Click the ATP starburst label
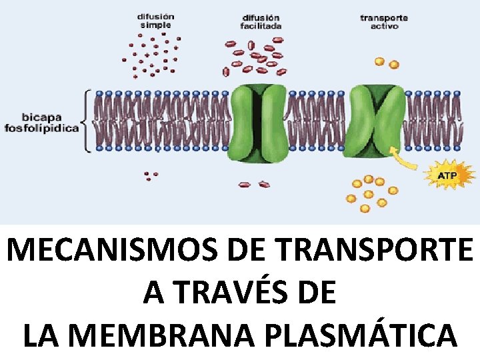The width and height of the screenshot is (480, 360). [x=447, y=175]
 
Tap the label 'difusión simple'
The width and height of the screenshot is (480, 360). [x=155, y=20]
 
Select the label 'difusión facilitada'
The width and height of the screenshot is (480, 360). [x=261, y=21]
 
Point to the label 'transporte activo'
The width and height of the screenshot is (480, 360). [x=385, y=21]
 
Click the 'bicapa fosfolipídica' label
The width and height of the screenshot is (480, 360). [x=41, y=121]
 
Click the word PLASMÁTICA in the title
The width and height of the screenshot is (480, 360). [x=379, y=335]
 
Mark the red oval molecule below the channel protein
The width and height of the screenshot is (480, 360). [x=264, y=183]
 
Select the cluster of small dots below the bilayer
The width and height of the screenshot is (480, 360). [x=151, y=176]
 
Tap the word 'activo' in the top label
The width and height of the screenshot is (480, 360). [x=385, y=27]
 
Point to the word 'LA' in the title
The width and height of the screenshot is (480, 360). [x=42, y=335]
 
